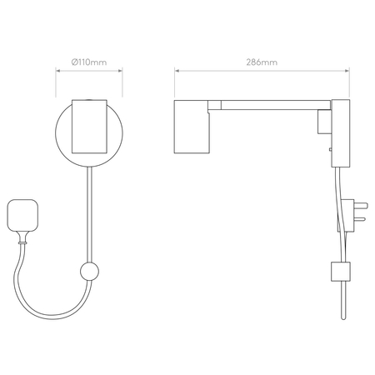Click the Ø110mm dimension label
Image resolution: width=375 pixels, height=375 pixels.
coord(89,62)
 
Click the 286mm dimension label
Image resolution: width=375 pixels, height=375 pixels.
coord(262,62)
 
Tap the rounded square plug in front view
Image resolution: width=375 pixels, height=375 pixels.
coord(22,215)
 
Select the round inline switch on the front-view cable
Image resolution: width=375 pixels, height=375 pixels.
coord(89,272)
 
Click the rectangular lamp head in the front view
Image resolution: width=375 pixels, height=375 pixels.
coord(89,127)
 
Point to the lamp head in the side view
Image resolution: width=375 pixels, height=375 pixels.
coord(192,127)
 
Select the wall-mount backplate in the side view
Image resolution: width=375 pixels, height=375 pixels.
coord(341,133)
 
